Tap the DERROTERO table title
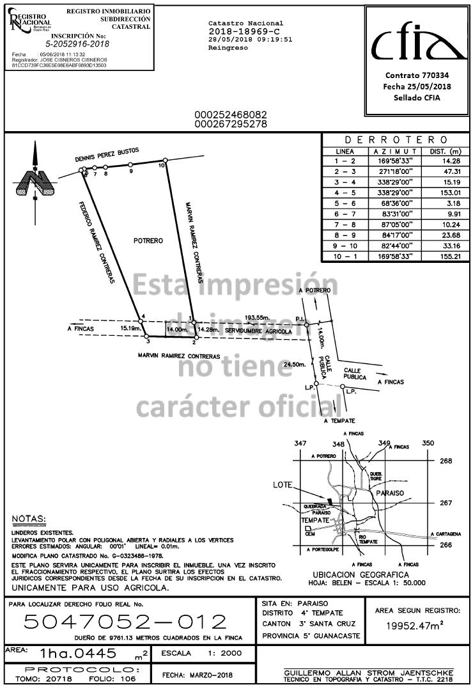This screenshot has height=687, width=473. point(396,140)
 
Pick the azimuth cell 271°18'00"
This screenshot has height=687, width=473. point(394,171)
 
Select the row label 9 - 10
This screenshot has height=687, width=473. point(345,246)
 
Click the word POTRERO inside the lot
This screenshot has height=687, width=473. point(148,241)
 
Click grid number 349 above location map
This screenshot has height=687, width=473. point(384,443)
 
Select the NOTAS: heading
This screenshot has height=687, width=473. point(29,517)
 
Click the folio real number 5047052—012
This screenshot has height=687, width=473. point(125,622)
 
